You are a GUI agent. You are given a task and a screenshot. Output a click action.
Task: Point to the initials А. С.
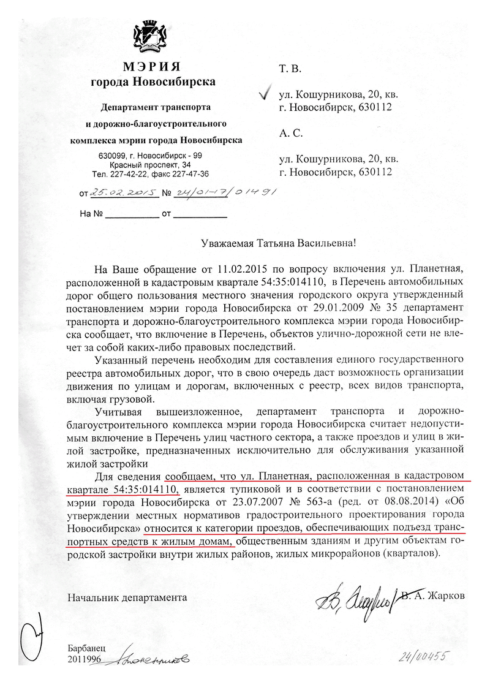290,133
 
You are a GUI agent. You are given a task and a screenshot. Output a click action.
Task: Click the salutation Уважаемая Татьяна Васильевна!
279,243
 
